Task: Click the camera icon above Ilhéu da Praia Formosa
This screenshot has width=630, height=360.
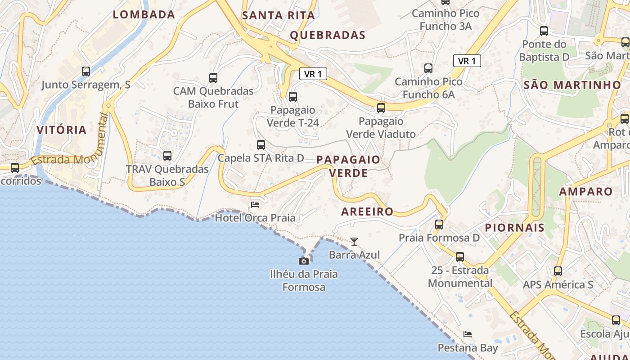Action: coord(304,261)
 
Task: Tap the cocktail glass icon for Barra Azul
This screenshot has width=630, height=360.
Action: coord(354,242)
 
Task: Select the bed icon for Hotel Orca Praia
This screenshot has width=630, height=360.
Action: coord(255,205)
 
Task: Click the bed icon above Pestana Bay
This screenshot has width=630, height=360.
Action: coord(468,334)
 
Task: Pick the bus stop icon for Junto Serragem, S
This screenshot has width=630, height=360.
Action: coord(86,71)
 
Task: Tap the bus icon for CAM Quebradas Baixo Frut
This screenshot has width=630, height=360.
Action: coord(213,78)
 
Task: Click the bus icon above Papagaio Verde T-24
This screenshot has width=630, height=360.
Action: coord(293,96)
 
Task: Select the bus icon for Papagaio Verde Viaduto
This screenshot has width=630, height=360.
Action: coord(381,108)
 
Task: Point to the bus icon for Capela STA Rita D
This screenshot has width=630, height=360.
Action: coord(261,145)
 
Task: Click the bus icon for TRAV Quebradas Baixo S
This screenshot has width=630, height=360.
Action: coord(167,156)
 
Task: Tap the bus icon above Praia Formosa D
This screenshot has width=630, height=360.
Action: coord(439,224)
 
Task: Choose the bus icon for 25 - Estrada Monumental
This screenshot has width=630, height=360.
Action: coord(460,257)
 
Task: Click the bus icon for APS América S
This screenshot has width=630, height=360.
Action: coord(558,271)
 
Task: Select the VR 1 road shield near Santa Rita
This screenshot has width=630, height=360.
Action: coord(313,74)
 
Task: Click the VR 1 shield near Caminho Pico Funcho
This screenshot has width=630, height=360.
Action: coord(467,61)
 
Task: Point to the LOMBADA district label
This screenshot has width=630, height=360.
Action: coord(144,14)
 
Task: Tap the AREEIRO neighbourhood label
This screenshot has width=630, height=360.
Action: coord(367,211)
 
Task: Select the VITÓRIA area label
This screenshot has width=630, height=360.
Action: coord(62,130)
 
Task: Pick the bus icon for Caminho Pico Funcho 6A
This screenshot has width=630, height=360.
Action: coord(428,68)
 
